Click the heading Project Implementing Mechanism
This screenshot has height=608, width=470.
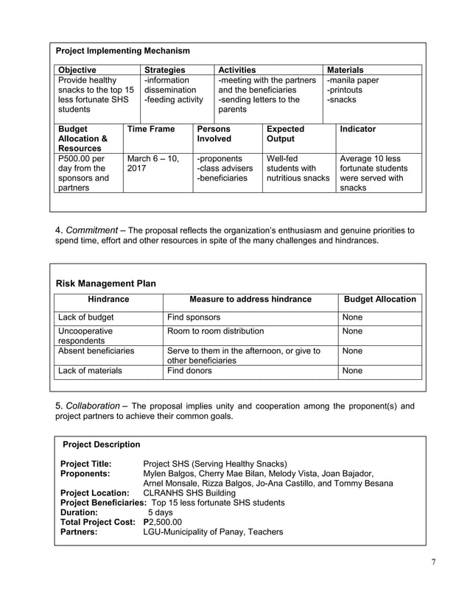point(123,51)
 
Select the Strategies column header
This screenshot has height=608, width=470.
point(164,70)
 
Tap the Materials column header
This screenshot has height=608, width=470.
point(345,70)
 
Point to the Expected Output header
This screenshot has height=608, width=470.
point(285,133)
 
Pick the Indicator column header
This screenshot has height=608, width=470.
point(357,129)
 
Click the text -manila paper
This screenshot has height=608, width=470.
point(353,80)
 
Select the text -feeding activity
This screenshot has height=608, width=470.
point(173,99)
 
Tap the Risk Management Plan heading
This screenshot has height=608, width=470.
point(106,283)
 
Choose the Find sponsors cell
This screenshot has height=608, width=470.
point(194,317)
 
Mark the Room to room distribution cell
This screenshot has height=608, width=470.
point(217,331)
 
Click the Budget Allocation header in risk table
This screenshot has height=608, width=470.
point(380,299)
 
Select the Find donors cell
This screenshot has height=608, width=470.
point(190,370)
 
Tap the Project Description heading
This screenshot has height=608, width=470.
point(102,444)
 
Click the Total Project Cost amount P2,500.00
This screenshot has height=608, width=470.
point(162,521)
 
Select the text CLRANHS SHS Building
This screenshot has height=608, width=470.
point(189,492)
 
